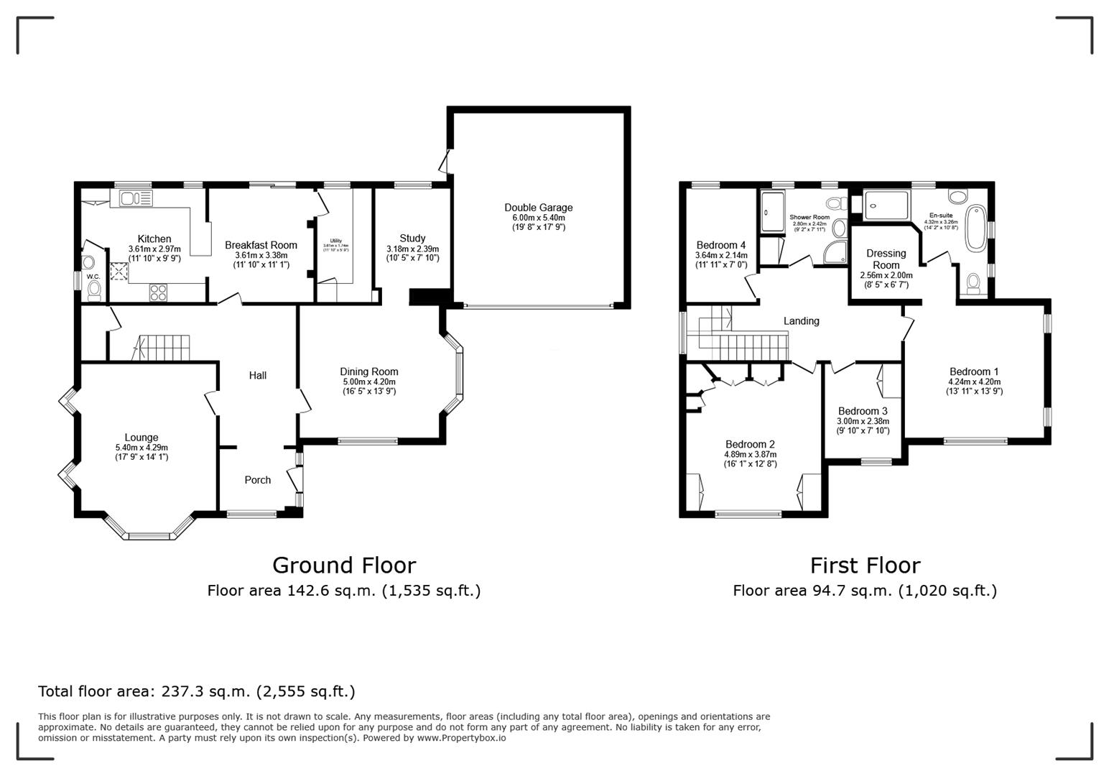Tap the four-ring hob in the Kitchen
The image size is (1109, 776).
coord(159,292)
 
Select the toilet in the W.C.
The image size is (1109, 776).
coord(94,290)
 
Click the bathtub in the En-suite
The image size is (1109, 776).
coord(977,228)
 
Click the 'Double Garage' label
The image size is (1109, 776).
coord(538,208)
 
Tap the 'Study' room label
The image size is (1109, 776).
coord(412,238)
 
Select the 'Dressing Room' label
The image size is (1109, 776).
coord(886,259)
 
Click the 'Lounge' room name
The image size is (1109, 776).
coord(141,437)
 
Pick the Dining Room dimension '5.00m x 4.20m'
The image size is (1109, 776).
coord(369,382)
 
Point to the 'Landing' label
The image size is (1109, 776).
coord(801,321)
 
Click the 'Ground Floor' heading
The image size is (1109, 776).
coord(343,565)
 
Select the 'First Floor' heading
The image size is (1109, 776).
coord(865,565)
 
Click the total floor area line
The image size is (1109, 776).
coord(196,691)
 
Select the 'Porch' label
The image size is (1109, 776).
coord(258,480)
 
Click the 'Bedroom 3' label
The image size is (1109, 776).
coord(863,411)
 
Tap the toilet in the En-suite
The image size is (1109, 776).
coord(973,283)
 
